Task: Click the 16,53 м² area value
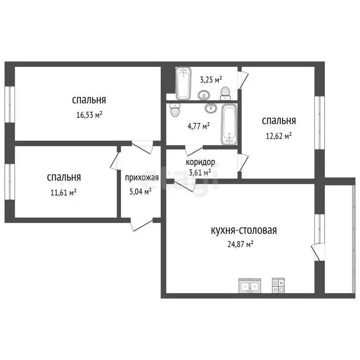89,115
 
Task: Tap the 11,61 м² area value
64,192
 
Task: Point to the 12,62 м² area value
279,135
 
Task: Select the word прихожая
142,178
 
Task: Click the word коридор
201,162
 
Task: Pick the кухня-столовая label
244,230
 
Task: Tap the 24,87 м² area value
240,244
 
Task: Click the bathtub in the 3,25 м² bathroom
183,82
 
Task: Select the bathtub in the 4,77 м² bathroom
229,124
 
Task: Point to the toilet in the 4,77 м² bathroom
175,111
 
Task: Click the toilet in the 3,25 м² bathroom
225,93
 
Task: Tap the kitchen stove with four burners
278,285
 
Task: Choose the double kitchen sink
249,285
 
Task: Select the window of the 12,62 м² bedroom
319,123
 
